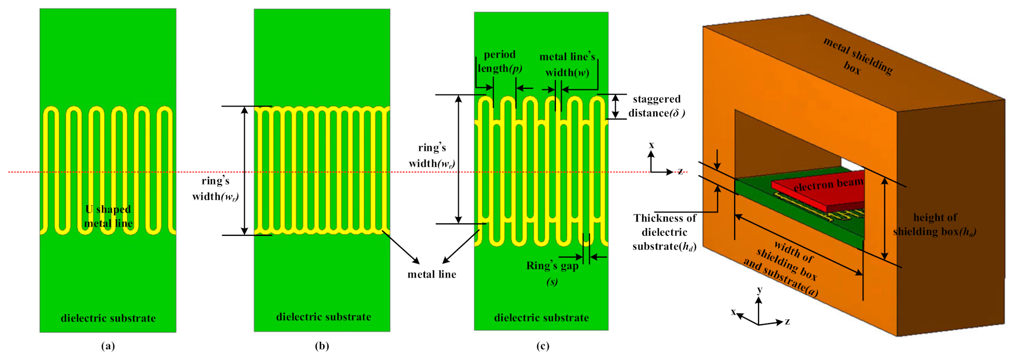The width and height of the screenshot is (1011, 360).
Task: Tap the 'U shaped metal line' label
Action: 109,217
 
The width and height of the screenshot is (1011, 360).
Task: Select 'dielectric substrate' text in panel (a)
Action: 108,318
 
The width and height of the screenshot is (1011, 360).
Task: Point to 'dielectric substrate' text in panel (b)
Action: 324,317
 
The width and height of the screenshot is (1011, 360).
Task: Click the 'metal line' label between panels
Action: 432,274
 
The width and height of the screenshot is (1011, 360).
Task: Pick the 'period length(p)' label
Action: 500,61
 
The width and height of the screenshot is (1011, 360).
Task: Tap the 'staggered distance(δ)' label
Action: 657,106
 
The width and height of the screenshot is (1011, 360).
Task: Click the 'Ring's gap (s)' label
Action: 552,273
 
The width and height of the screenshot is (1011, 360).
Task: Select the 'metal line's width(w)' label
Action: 567,64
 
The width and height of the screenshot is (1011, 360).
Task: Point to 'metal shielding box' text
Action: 858,57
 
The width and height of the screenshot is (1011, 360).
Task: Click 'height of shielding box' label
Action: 935,224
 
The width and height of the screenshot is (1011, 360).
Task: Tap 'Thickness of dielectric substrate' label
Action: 664,232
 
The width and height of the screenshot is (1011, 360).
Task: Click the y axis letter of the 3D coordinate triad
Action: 760,290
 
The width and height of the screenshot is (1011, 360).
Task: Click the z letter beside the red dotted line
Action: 680,171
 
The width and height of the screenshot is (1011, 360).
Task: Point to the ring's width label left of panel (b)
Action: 216,189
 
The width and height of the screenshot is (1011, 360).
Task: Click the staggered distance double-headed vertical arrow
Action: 616,106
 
